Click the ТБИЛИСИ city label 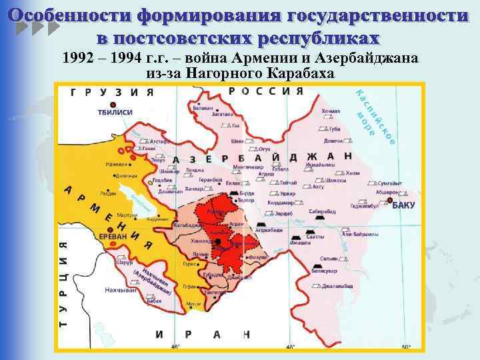115,113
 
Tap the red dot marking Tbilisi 113,105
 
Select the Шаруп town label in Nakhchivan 107,261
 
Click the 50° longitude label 407,347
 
